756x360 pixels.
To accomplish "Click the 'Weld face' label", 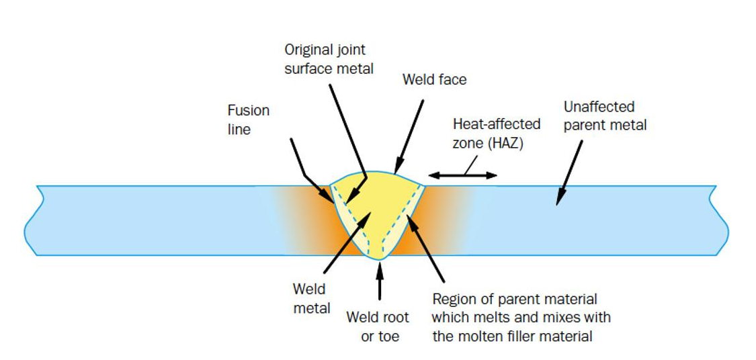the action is point(434,79).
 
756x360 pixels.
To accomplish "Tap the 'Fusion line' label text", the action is point(248,120).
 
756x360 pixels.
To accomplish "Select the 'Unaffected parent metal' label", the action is point(605,116).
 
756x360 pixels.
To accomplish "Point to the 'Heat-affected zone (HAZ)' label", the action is point(497,133).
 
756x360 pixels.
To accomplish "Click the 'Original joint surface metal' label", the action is point(329,59).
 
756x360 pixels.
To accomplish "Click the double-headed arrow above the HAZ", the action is point(462,175).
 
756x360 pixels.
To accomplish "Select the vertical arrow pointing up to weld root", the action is point(380,281).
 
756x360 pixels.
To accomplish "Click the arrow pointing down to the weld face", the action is point(409,136).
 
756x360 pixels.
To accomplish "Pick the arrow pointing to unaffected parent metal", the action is point(569,173).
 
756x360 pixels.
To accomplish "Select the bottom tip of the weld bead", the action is point(380,260).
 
